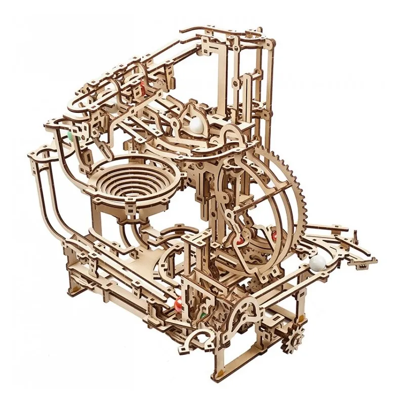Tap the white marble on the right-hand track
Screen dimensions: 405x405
[x=318, y=261]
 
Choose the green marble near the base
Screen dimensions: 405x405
[x=202, y=315]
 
